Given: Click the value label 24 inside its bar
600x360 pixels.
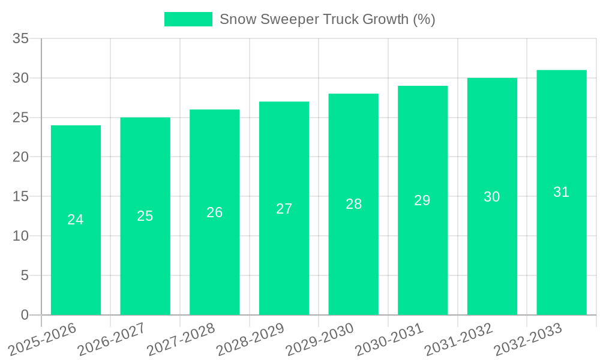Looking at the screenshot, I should [76, 220].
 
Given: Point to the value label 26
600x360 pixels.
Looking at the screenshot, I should [215, 212].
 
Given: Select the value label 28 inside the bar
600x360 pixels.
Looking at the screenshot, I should [353, 204].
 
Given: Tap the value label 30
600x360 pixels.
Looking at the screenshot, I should [492, 197].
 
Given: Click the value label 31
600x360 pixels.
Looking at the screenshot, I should [561, 192].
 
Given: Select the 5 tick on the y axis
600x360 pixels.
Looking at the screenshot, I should [25, 275].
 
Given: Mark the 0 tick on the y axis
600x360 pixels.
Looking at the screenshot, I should [25, 315].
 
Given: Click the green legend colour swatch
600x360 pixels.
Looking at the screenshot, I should [188, 19].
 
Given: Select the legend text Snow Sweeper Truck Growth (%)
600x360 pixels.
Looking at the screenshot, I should [327, 19].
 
